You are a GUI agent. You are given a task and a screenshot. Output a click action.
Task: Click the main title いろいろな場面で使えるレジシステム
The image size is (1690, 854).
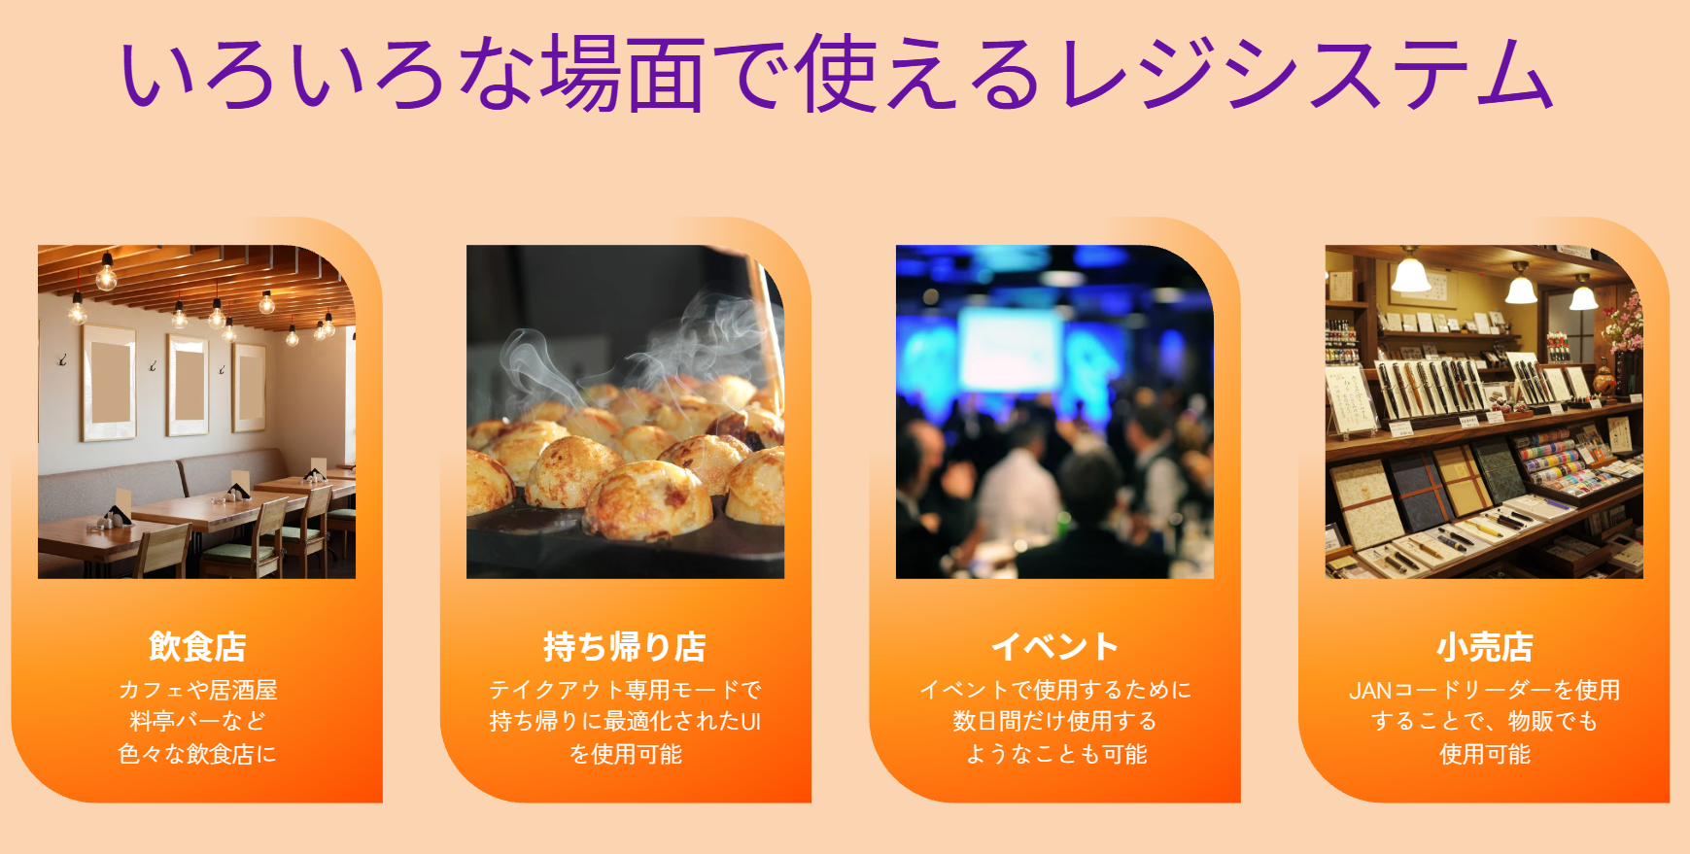pos(836,73)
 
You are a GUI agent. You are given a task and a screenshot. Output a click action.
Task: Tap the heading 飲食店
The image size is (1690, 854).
pos(197,646)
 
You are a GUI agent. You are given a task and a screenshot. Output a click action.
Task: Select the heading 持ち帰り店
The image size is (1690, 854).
pos(625,646)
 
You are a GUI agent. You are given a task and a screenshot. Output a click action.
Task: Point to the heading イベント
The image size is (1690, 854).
pos(1054,646)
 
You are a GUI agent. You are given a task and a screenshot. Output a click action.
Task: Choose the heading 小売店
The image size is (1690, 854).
pos(1484,646)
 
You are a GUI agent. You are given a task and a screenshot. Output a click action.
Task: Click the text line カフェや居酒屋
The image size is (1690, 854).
pos(197,690)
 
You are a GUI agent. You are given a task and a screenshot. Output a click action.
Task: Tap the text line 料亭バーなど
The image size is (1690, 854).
pos(197,721)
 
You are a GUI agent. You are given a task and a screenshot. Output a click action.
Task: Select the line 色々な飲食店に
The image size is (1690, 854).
pos(197,754)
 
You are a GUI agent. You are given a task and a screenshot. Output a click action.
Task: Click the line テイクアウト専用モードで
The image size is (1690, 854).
pos(625,690)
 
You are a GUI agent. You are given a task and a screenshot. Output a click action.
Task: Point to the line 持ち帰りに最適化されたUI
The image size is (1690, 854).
pos(625,721)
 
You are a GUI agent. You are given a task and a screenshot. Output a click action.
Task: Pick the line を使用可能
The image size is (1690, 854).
pos(625,754)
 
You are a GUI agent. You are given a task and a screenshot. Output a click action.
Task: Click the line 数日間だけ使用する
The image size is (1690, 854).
pos(1054,721)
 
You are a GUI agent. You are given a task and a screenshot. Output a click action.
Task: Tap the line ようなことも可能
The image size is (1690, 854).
pos(1054,754)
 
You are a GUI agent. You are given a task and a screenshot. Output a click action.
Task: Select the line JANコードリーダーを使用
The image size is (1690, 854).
pos(1484,690)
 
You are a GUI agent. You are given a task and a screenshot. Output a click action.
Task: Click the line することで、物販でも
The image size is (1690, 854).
pos(1484,721)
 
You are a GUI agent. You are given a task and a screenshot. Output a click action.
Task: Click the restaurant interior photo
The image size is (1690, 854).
pos(196,412)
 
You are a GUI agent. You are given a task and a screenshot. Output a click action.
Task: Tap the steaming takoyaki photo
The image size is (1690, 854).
pos(625,412)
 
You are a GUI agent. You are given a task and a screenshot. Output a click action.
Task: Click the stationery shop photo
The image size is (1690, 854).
pos(1484,412)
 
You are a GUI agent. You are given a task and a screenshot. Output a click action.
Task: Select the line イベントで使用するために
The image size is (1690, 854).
pos(1054,690)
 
